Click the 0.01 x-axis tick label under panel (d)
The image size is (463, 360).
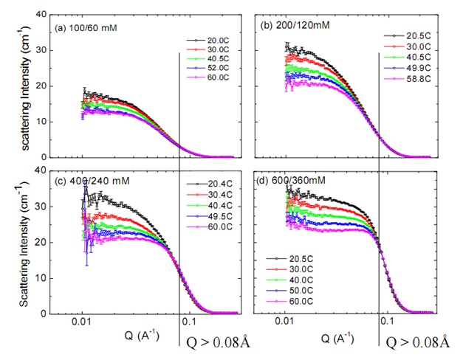coord(284,322)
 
